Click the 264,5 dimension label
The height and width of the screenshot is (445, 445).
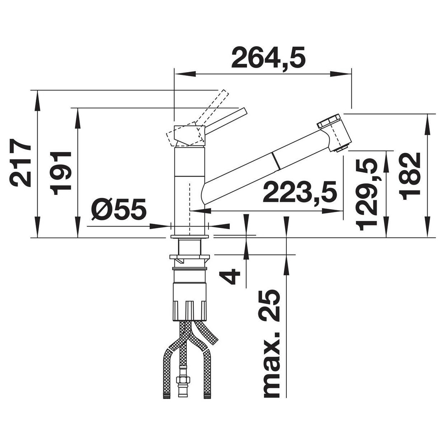(x=268, y=58)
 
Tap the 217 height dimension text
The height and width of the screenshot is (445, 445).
(x=20, y=163)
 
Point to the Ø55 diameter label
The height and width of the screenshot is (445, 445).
(x=119, y=209)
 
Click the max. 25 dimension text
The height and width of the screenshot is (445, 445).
(x=272, y=343)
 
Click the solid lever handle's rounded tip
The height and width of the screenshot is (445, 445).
(x=245, y=110)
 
